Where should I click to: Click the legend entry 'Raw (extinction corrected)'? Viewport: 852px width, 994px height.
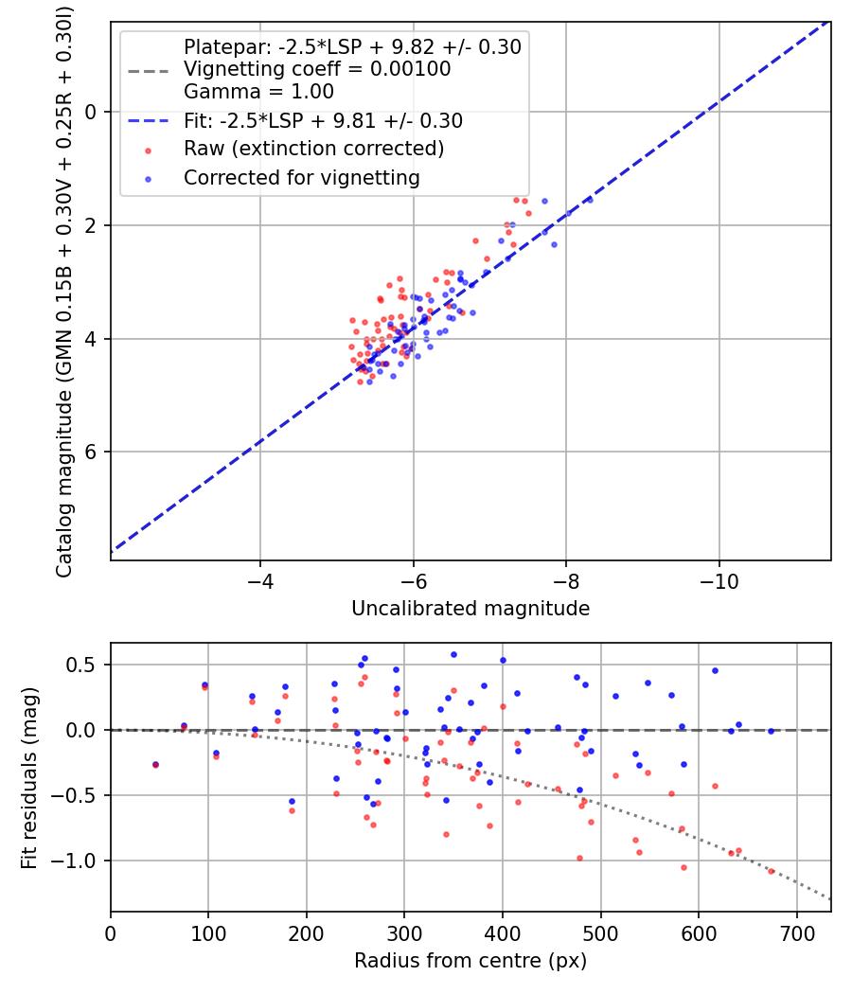point(313,149)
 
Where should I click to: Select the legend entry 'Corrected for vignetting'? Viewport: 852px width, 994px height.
point(302,177)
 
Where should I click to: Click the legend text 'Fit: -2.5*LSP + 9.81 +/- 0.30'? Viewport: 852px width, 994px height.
point(323,121)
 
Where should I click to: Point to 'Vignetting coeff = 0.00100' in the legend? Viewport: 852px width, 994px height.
point(317,69)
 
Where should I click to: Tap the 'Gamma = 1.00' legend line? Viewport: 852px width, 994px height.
point(258,93)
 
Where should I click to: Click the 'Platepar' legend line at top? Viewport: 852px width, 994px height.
point(352,46)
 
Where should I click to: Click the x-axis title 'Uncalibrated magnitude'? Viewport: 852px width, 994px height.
point(470,609)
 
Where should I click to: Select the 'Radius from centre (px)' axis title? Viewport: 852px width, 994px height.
point(470,961)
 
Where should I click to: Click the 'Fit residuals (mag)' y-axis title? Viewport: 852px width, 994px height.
point(29,776)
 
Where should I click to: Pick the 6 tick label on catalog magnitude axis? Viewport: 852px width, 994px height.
point(91,453)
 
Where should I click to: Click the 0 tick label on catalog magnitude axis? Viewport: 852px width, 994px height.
point(91,112)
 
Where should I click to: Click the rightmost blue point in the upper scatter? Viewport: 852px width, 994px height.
point(589,200)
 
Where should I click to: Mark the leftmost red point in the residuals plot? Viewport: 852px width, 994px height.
point(155,765)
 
